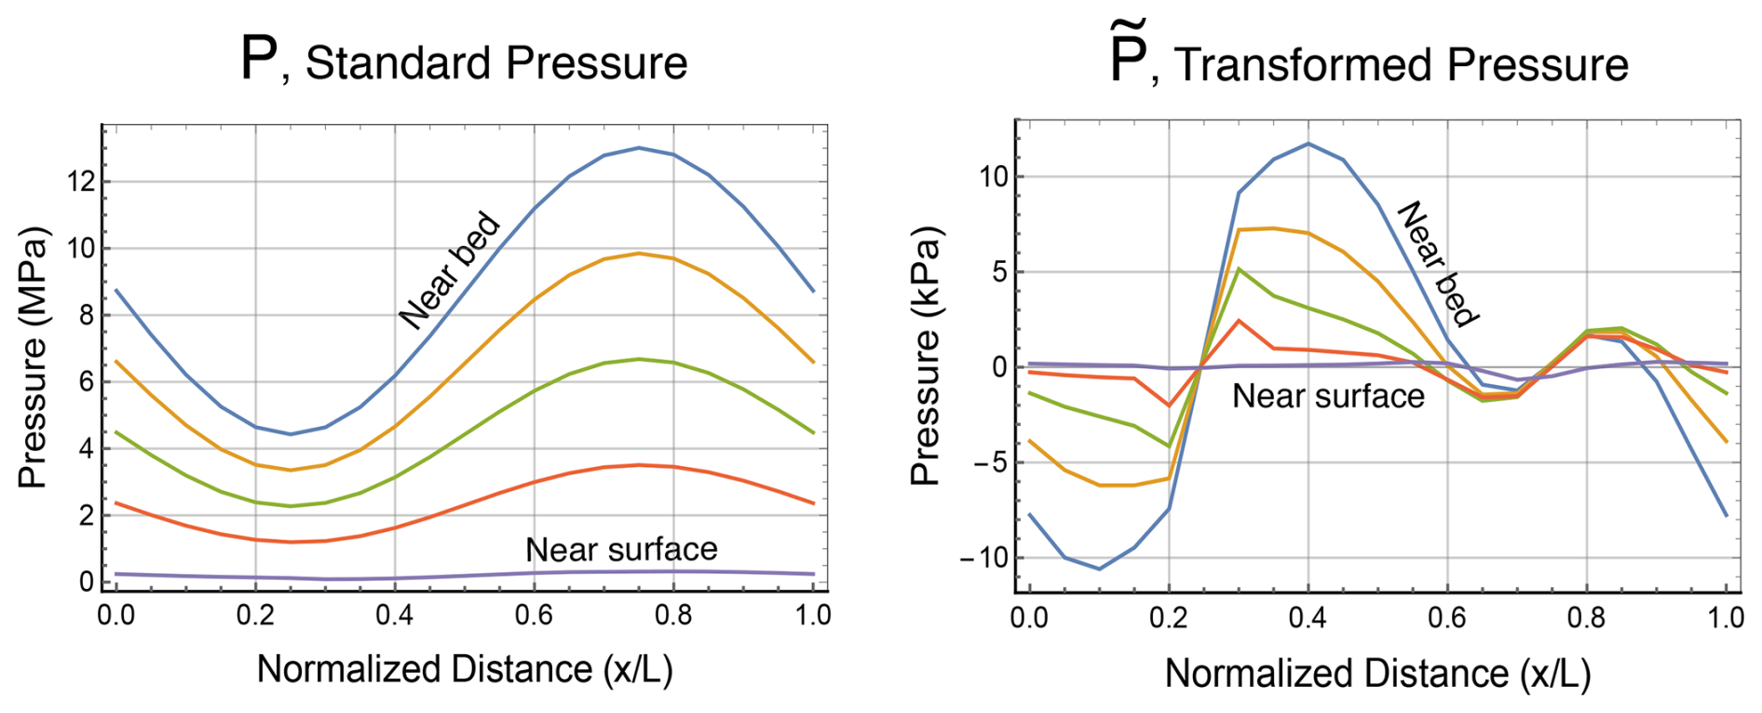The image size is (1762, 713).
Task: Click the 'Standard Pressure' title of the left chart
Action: tap(495, 63)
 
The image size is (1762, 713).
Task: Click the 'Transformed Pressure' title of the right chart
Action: tap(1401, 65)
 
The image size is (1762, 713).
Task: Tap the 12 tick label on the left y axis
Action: tap(82, 181)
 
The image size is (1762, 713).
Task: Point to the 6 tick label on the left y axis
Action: tap(87, 381)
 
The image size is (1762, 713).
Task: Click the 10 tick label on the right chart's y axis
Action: tap(993, 176)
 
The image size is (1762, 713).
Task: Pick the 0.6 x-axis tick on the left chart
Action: tap(534, 615)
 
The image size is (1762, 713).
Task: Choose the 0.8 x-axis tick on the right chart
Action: tap(1586, 618)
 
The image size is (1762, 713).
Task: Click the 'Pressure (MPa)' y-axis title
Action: tap(33, 357)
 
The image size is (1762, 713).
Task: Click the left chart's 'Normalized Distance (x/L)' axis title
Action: tap(464, 669)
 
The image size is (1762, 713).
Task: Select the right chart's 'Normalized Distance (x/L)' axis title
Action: tap(1376, 673)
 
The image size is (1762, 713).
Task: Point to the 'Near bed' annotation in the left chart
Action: tap(450, 270)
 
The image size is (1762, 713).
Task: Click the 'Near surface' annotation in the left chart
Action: tap(621, 549)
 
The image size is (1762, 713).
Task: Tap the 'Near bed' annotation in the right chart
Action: tap(1439, 264)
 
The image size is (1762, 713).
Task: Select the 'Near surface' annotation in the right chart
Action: tap(1328, 396)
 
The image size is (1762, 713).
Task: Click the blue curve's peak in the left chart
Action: tap(639, 147)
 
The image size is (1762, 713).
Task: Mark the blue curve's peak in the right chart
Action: tap(1308, 144)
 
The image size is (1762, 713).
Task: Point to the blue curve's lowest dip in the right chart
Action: tap(1099, 569)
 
